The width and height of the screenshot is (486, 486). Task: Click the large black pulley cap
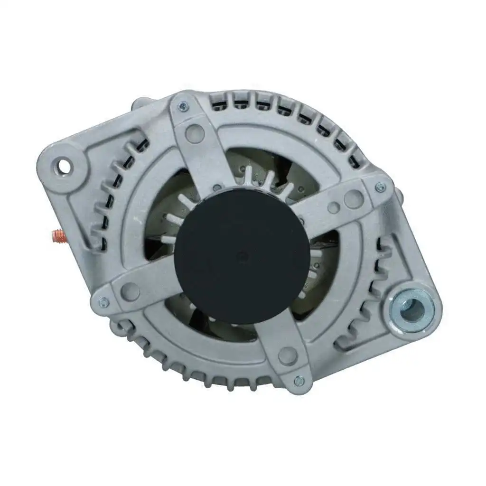pyautogui.click(x=242, y=256)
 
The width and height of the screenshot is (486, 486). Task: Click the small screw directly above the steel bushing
pyautogui.click(x=380, y=187)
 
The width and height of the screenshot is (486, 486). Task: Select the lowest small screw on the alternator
pyautogui.click(x=299, y=380)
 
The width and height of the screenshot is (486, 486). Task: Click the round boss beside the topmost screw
pyautogui.click(x=194, y=133)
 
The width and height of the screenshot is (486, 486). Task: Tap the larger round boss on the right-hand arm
pyautogui.click(x=354, y=199)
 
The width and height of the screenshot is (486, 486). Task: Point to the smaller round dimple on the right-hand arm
pyautogui.click(x=334, y=207)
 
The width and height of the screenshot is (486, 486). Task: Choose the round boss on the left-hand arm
pyautogui.click(x=130, y=291)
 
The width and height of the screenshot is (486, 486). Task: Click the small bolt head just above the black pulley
pyautogui.click(x=218, y=187)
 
